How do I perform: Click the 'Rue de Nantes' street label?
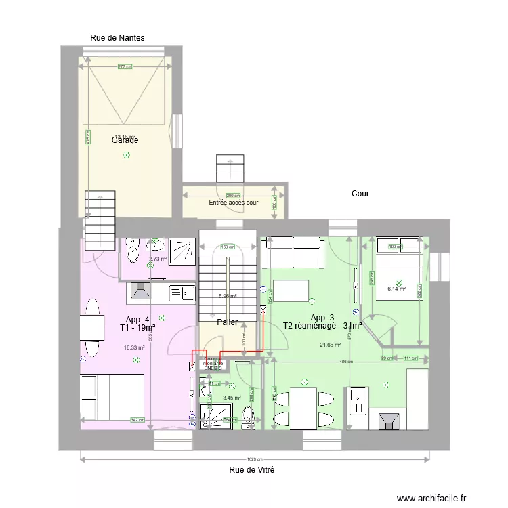[117, 38]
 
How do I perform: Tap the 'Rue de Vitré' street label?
[251, 469]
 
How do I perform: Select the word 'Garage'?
[125, 140]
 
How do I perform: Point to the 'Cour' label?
[360, 194]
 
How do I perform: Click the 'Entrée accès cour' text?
[233, 203]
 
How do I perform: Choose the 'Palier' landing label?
[227, 322]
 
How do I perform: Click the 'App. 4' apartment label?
[137, 319]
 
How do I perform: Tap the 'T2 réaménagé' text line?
[322, 326]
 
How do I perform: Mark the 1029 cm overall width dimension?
[254, 459]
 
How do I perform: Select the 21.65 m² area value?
[330, 345]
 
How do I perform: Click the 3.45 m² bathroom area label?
[232, 398]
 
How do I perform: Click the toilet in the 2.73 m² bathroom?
[133, 253]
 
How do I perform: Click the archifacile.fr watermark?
[432, 498]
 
